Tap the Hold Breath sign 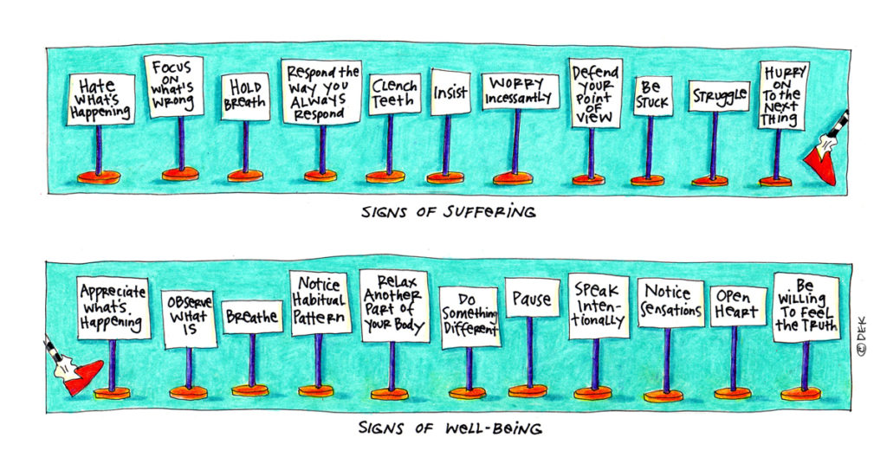click(x=245, y=95)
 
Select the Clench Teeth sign click(x=394, y=93)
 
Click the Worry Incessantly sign click(x=518, y=90)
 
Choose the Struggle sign click(x=719, y=96)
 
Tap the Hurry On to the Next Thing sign click(x=783, y=94)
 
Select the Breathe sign click(x=252, y=317)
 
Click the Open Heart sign click(x=738, y=305)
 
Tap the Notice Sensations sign click(x=670, y=301)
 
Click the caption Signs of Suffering click(x=449, y=211)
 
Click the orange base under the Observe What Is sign click(x=188, y=392)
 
